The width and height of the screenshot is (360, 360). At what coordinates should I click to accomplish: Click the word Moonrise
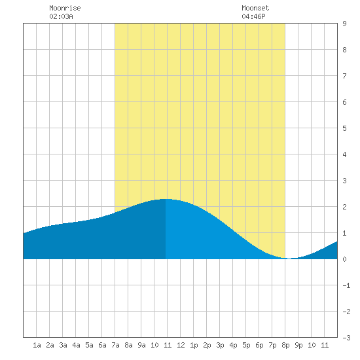click(x=65, y=8)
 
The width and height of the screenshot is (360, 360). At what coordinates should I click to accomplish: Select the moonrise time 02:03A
click(x=61, y=16)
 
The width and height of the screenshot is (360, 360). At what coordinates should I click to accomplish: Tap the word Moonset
click(x=255, y=8)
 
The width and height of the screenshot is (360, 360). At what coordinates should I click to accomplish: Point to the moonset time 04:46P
click(x=253, y=16)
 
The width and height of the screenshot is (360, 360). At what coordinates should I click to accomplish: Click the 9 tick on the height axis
click(x=344, y=24)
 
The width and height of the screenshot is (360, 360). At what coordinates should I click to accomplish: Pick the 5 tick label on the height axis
click(x=344, y=128)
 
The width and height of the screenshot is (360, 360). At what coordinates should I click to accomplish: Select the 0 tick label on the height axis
click(x=344, y=259)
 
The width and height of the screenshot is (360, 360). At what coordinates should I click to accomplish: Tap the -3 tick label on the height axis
click(x=346, y=338)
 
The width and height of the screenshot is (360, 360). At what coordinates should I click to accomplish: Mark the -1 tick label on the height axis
click(x=346, y=285)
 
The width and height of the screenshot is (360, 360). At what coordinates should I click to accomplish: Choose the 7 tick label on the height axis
click(x=344, y=76)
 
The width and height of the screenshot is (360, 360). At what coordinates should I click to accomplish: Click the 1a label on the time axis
click(x=37, y=345)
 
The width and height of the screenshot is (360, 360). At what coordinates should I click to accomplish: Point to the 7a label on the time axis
click(x=115, y=345)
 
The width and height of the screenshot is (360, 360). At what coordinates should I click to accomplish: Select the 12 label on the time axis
click(x=181, y=345)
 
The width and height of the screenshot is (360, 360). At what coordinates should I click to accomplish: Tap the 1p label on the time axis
click(x=194, y=345)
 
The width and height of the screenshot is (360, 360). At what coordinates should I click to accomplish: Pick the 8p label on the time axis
click(x=285, y=345)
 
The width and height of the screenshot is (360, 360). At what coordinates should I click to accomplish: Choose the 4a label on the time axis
click(x=76, y=345)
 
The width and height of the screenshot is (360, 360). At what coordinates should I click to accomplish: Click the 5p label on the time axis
click(x=246, y=345)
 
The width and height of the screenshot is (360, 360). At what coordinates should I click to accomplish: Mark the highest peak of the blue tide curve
click(x=166, y=199)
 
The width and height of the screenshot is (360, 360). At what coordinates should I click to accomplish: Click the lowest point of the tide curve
click(x=289, y=259)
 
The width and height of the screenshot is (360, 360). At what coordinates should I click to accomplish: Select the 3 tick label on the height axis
click(x=344, y=181)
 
